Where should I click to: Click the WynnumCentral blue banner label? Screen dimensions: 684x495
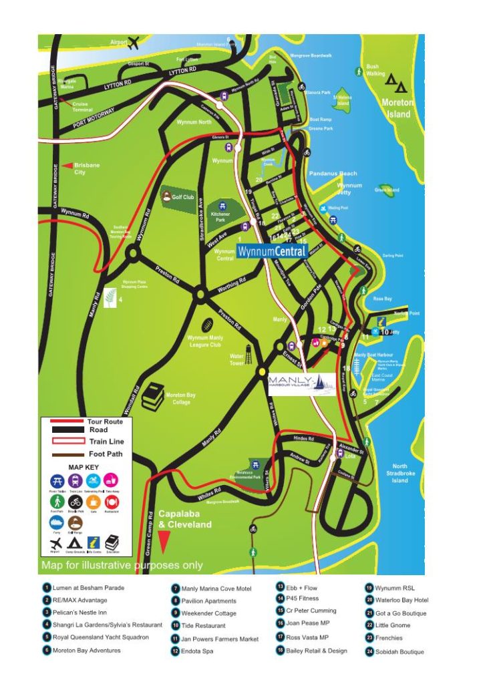[272, 251]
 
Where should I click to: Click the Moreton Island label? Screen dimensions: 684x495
[397, 108]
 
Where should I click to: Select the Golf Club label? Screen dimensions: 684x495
[182, 198]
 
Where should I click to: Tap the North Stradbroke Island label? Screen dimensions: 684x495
[399, 473]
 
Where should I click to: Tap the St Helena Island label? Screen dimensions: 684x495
[342, 101]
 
